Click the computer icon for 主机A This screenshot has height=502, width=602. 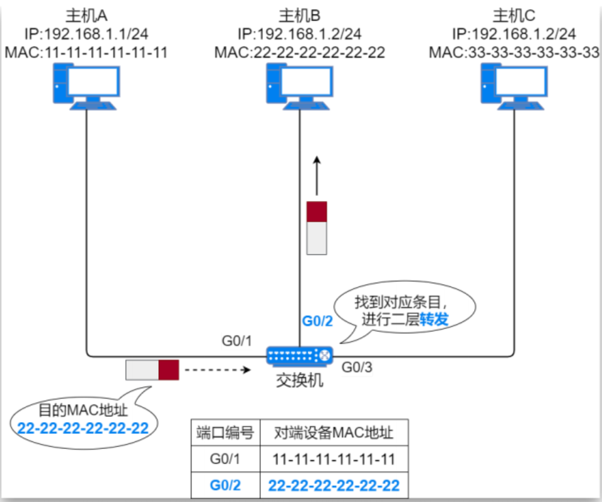(86, 88)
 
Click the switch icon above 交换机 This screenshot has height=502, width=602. (299, 356)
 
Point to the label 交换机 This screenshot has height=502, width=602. (299, 380)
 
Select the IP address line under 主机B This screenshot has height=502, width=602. (299, 33)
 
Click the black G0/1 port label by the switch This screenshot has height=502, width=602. (237, 341)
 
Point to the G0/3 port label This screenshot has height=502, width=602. (357, 367)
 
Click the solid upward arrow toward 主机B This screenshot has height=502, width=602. (316, 176)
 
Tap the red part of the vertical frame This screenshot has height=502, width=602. (316, 212)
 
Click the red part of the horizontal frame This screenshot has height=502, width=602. (168, 370)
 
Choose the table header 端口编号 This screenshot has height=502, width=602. (225, 433)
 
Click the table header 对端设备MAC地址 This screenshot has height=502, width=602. (333, 433)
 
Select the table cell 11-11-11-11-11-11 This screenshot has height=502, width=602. (333, 459)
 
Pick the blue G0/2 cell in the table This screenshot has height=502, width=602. (225, 486)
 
